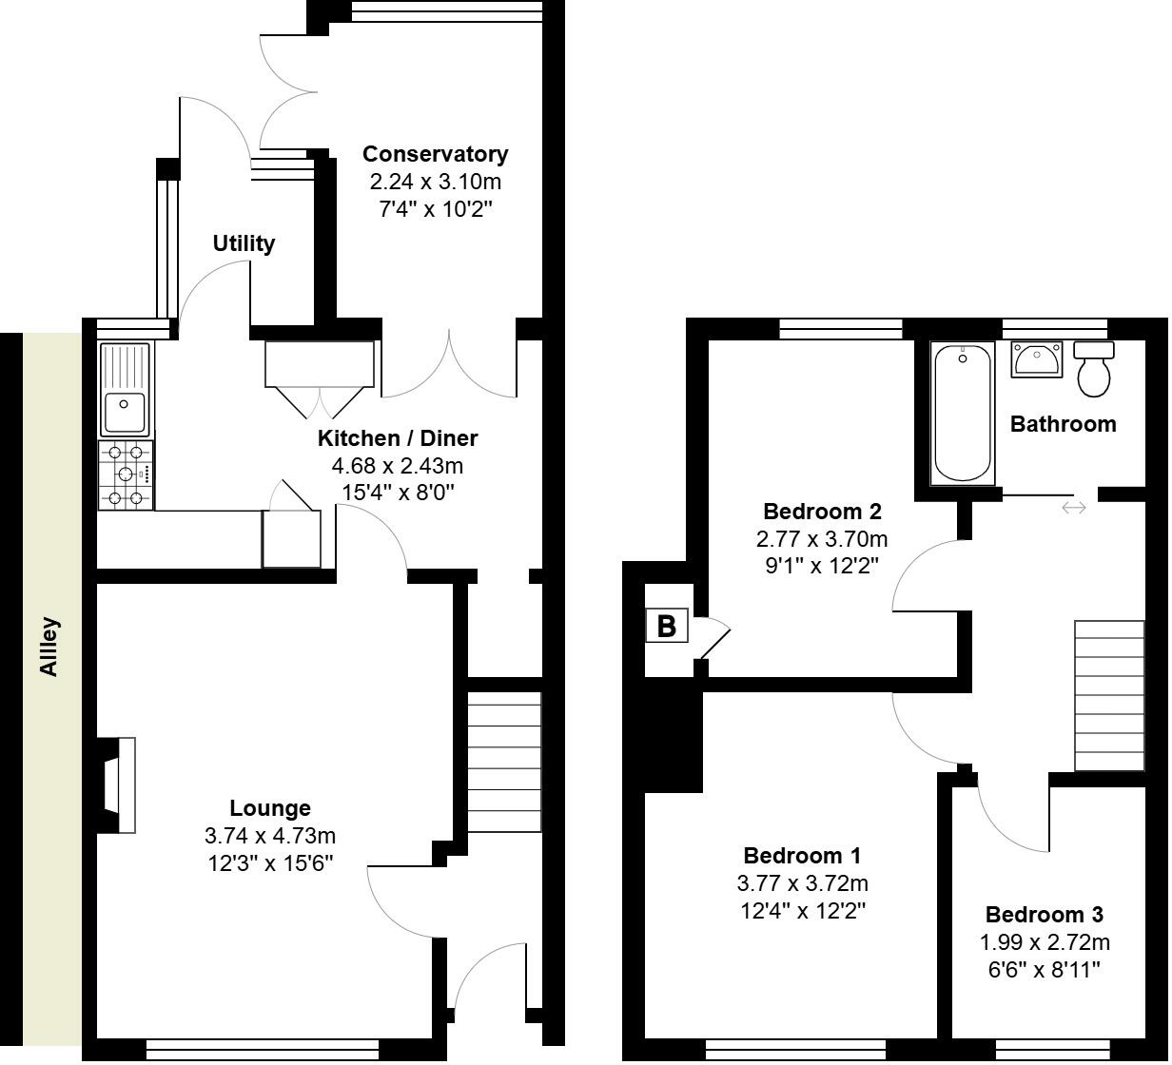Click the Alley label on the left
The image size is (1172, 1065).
point(49,648)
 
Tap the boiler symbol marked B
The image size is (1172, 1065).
point(667,627)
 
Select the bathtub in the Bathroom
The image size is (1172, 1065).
point(963,414)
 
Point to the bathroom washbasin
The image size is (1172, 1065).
point(1035,359)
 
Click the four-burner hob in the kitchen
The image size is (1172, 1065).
point(126,474)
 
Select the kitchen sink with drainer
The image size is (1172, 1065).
point(125,390)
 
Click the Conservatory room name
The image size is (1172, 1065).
point(435,154)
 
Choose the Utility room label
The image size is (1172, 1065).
point(244,243)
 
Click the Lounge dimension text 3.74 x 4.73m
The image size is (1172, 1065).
point(270,837)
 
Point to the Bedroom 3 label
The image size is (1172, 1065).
point(1044,916)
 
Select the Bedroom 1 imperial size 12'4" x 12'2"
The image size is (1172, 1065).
point(804,911)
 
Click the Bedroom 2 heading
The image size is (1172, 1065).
point(822,512)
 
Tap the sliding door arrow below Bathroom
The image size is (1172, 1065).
point(1073,509)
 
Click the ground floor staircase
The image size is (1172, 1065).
point(504,762)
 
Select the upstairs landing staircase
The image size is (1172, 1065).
point(1109,695)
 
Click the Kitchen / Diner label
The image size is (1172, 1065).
point(397,438)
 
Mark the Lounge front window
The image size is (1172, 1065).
point(263,1049)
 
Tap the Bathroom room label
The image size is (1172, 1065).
point(1063,424)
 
